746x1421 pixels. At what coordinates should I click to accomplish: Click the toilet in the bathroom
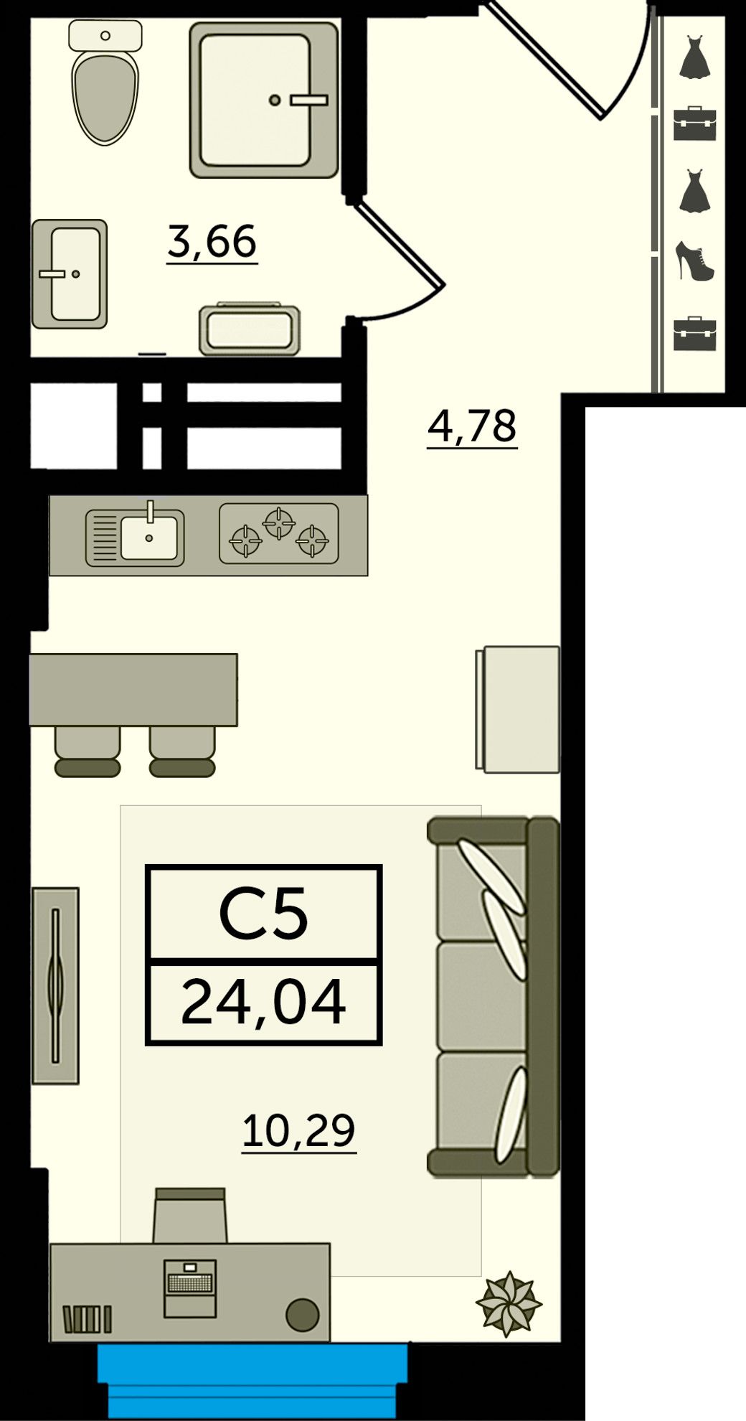(106, 83)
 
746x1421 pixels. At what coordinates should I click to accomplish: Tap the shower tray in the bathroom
(264, 100)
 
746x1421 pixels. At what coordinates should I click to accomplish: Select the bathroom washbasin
(70, 273)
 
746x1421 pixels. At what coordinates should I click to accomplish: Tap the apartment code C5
(263, 913)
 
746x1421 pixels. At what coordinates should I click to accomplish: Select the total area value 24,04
(263, 1003)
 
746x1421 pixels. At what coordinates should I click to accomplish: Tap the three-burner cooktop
(278, 533)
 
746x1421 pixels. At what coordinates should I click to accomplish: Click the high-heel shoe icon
(695, 261)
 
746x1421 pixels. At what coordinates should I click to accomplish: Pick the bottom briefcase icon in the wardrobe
(695, 334)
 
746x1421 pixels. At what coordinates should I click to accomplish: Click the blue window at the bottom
(252, 1380)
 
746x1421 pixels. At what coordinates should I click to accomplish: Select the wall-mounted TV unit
(55, 985)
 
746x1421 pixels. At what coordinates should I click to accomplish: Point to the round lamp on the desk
(302, 1314)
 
